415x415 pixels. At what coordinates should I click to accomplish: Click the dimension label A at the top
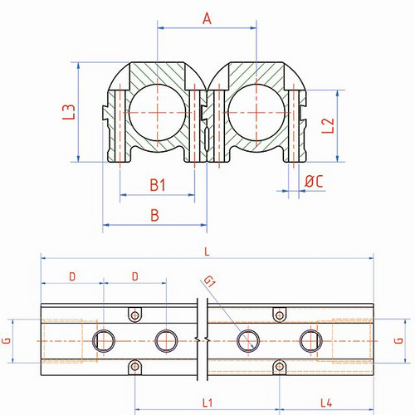(x=207, y=19)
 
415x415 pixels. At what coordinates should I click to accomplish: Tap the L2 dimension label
(x=328, y=125)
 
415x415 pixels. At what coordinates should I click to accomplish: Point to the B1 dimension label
(x=158, y=185)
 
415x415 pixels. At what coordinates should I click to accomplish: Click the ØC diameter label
(x=314, y=181)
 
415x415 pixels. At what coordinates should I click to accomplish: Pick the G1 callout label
(x=209, y=281)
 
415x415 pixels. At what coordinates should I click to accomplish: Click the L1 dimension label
(x=207, y=403)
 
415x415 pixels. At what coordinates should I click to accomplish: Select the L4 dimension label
(x=326, y=403)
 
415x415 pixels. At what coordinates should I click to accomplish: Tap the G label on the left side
(x=7, y=340)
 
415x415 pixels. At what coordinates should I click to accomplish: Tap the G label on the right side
(x=398, y=340)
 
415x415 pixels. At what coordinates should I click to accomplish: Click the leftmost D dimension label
(x=72, y=276)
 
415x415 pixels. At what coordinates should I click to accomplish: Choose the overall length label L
(x=207, y=251)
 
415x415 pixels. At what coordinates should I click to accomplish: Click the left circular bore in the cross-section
(x=157, y=113)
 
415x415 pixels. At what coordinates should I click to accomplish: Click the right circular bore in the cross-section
(x=256, y=113)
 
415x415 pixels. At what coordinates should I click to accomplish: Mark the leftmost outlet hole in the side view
(x=104, y=341)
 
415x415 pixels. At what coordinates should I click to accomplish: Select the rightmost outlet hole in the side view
(x=311, y=341)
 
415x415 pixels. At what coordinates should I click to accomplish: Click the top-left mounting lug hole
(x=135, y=315)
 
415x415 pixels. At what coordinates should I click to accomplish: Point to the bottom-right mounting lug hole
(x=280, y=367)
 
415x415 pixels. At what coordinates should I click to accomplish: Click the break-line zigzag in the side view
(x=203, y=339)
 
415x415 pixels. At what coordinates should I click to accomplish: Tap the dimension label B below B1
(x=155, y=215)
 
